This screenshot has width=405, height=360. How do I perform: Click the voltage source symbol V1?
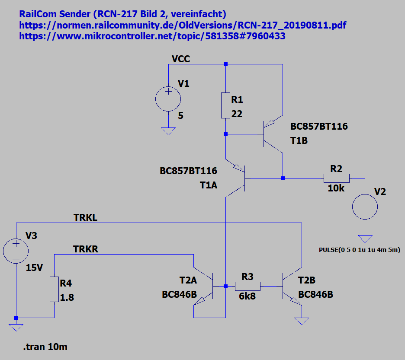[x=168, y=99]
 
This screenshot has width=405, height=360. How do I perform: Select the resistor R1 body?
[x=225, y=105]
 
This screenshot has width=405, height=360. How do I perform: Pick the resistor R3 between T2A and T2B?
[x=247, y=286]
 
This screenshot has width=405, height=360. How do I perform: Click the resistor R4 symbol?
[x=54, y=289]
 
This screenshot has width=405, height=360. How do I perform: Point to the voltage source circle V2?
[x=365, y=206]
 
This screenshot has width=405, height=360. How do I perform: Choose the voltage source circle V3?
[x=16, y=251]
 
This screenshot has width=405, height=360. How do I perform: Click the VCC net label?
[x=180, y=59]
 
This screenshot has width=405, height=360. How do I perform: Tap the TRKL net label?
[x=86, y=218]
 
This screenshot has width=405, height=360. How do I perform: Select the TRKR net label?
[x=86, y=249]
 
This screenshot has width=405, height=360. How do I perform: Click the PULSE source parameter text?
[x=359, y=250]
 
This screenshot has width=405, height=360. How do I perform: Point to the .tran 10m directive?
[x=46, y=347]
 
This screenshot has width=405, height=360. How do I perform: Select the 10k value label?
[x=336, y=188]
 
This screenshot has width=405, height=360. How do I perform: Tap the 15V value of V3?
[x=34, y=268]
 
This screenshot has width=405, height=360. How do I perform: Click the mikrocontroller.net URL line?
[x=152, y=36]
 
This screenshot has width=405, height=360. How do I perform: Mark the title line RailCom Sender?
[x=122, y=14]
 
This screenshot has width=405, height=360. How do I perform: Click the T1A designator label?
[x=208, y=185]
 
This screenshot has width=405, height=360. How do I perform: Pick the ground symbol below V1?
[x=168, y=131]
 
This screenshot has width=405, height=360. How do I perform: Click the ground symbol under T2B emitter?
[x=302, y=321]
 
